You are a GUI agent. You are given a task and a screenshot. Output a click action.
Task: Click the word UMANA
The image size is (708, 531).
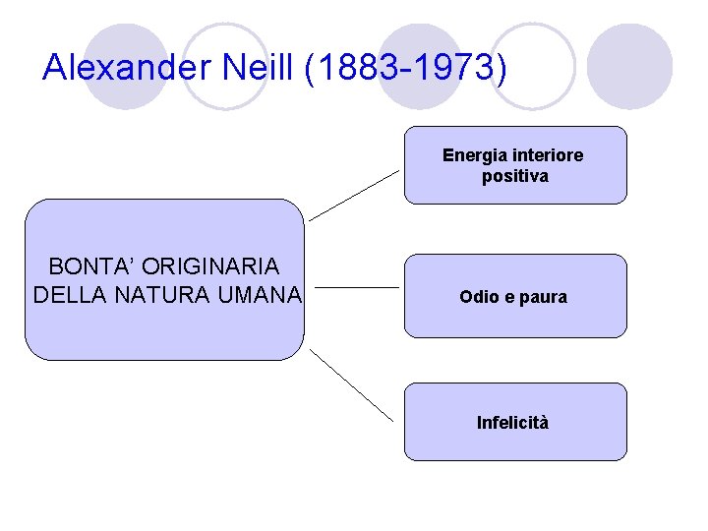[261, 294]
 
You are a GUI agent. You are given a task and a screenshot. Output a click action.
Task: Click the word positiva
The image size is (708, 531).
[515, 177]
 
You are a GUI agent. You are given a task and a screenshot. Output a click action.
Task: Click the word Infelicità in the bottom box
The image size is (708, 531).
[513, 423]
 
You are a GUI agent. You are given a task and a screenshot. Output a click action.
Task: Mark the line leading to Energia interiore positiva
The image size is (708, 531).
[354, 194]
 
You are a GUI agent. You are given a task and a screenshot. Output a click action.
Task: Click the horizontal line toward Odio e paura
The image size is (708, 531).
[359, 288]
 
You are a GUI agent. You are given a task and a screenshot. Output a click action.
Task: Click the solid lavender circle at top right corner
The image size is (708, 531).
[635, 67]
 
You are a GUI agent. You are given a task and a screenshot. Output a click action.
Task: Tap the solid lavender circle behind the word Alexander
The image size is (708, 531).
[126, 67]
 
